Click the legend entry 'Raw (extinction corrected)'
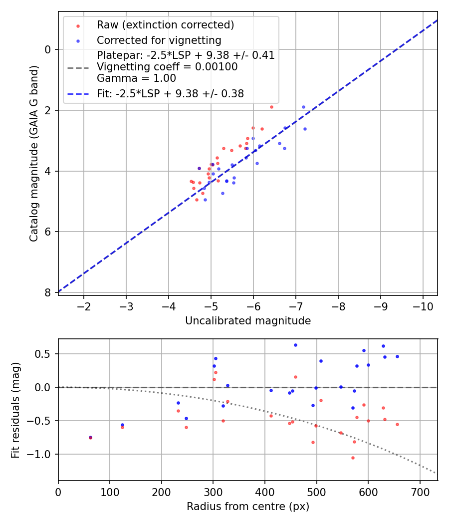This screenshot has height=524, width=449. tap(165, 25)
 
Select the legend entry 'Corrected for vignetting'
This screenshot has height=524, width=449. tap(159, 40)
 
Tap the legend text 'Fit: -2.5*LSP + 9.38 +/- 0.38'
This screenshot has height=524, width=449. tap(170, 93)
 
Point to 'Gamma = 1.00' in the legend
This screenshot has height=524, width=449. tap(136, 78)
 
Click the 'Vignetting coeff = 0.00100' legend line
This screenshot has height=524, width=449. tap(167, 67)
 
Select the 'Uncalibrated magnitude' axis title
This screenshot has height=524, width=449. tap(248, 321)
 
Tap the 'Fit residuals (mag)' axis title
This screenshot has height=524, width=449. tap(15, 410)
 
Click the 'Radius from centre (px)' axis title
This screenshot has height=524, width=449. tap(248, 507)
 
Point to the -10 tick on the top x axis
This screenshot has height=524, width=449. tap(423, 305)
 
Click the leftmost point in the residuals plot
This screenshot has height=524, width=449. tap(90, 437)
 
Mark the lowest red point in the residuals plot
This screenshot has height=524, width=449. tap(353, 458)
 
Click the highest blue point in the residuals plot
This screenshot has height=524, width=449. tap(295, 345)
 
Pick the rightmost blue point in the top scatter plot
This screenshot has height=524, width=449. tap(305, 129)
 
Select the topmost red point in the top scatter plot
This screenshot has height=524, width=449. tap(271, 107)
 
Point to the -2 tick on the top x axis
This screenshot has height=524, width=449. tap(84, 305)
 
